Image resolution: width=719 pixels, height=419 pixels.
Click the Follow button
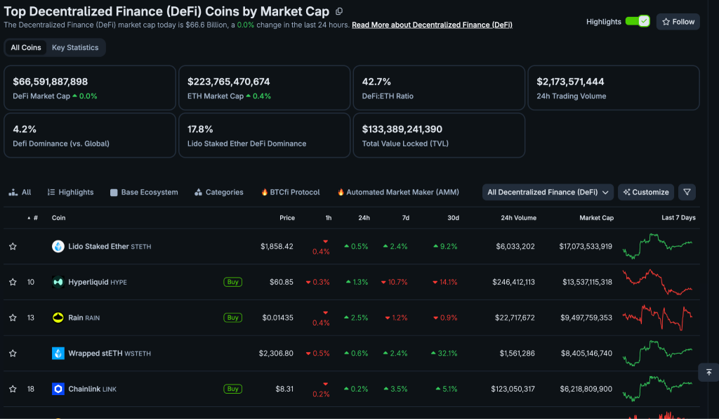(x=678, y=22)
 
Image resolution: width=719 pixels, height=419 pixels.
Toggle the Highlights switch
(x=638, y=21)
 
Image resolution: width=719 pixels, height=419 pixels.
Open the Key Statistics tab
(x=75, y=47)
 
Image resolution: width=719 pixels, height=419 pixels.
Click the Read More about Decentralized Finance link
(x=432, y=25)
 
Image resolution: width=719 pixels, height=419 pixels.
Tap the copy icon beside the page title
(x=339, y=11)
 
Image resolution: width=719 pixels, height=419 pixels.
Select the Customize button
(x=646, y=193)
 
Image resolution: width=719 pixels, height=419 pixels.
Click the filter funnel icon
(x=687, y=193)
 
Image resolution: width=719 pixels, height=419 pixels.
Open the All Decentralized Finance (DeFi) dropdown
(x=548, y=193)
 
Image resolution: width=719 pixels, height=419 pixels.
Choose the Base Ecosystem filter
(x=144, y=193)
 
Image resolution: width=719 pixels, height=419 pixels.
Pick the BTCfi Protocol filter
(x=290, y=193)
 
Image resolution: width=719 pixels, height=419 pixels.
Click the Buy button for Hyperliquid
(x=233, y=282)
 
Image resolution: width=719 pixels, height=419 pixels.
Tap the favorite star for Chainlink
(x=13, y=389)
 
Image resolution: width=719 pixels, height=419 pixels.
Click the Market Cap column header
(x=596, y=218)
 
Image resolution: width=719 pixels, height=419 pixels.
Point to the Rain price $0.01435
(x=277, y=318)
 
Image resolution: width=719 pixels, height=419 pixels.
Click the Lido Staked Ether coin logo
(x=58, y=247)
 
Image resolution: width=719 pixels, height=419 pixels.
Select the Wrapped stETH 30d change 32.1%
(x=444, y=354)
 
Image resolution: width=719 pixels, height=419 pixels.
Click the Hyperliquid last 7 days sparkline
(x=657, y=282)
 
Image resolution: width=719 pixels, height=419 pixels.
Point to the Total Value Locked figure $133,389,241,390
(x=402, y=129)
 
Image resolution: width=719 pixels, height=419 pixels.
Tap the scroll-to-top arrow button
(x=708, y=372)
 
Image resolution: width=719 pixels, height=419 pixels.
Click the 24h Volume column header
(x=518, y=218)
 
